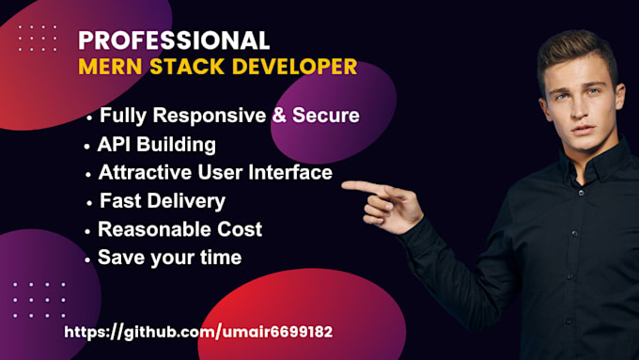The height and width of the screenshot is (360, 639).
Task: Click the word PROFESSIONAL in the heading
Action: tap(173, 39)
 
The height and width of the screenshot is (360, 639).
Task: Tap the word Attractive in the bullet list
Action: tap(144, 173)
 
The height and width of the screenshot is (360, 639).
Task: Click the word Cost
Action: tap(240, 228)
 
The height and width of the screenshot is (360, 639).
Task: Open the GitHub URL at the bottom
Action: tap(197, 332)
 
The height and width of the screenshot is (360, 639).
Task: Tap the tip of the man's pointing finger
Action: tap(345, 185)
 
